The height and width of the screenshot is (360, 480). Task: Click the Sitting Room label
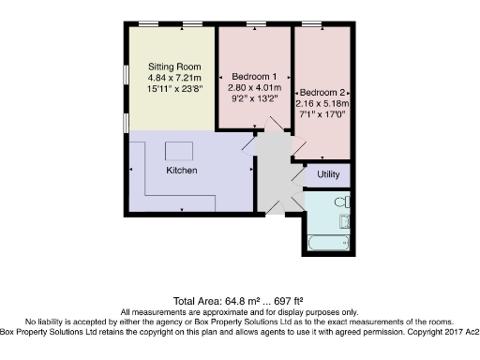(x=175, y=67)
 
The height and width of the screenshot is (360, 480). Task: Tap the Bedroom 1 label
(x=254, y=75)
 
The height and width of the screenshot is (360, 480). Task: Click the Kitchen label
(x=181, y=172)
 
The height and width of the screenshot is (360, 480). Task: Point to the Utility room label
(x=328, y=174)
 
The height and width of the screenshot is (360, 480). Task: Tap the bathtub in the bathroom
(x=327, y=243)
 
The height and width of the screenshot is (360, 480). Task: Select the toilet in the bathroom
(x=344, y=202)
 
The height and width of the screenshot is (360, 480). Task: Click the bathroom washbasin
(x=344, y=222)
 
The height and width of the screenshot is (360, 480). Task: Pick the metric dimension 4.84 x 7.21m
(x=175, y=79)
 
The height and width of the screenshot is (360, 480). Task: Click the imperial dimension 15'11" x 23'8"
(x=175, y=90)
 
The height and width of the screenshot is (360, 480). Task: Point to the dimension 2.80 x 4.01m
(x=254, y=86)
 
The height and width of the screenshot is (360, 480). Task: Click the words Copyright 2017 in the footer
(x=442, y=332)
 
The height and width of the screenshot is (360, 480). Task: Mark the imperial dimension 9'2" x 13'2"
(x=254, y=97)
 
